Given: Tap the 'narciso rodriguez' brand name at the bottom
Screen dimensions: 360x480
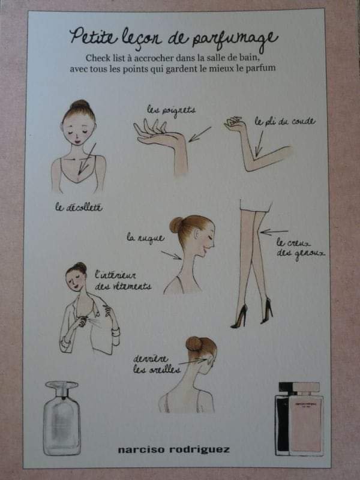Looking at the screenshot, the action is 173,449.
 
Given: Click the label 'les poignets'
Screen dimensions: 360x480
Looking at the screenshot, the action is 171,110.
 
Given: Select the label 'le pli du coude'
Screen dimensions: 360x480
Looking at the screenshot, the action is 284,122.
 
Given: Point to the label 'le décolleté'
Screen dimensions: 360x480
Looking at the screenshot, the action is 79,207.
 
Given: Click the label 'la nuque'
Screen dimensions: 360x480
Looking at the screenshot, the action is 146,238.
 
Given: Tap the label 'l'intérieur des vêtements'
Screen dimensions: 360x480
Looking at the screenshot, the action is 123,281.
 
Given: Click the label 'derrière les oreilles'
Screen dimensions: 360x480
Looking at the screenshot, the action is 157,364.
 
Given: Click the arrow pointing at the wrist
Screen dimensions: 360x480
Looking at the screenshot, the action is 200,134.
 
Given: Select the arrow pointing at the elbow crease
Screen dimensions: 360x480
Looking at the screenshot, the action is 259,143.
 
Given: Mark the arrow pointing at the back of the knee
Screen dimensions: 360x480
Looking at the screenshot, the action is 274,232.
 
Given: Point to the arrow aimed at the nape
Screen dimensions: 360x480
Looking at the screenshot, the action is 172,255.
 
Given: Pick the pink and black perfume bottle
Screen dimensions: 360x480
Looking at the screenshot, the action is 299,418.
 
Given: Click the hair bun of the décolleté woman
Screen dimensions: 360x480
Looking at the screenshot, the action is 79,106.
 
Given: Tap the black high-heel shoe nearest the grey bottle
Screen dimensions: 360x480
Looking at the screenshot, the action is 239,317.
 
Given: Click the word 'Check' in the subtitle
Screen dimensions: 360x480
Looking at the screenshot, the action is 97,58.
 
